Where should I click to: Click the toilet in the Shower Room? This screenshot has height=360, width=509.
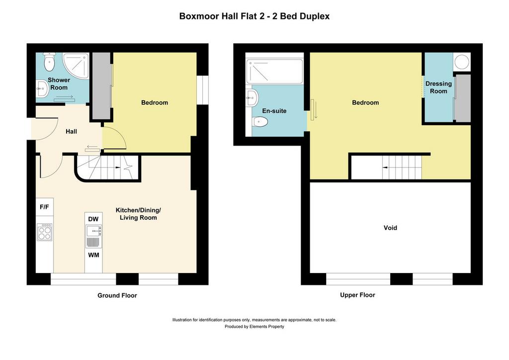tap(49, 62)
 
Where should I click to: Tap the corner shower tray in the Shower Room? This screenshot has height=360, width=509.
tap(76, 66)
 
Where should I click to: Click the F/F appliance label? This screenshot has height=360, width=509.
tap(44, 207)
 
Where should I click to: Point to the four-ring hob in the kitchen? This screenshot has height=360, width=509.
tap(45, 232)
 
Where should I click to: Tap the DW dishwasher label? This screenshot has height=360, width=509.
tap(93, 219)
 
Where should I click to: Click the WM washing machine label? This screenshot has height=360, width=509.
tap(93, 255)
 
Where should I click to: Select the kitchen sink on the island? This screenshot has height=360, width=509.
tap(94, 231)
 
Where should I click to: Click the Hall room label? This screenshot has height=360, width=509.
tap(72, 131)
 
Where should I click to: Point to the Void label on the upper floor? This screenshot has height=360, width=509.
tap(390, 228)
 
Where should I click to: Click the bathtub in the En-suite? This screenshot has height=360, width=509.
tap(274, 72)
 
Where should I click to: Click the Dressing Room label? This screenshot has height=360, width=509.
tap(438, 88)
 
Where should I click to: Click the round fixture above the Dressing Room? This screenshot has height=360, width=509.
tap(461, 62)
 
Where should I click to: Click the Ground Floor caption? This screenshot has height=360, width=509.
tap(117, 295)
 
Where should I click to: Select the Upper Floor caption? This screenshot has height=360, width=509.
tap(357, 295)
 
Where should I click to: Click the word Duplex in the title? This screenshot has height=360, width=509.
tap(315, 16)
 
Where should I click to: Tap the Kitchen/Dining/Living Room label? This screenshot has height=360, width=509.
tap(138, 214)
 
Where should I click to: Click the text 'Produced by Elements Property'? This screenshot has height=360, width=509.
tap(254, 327)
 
